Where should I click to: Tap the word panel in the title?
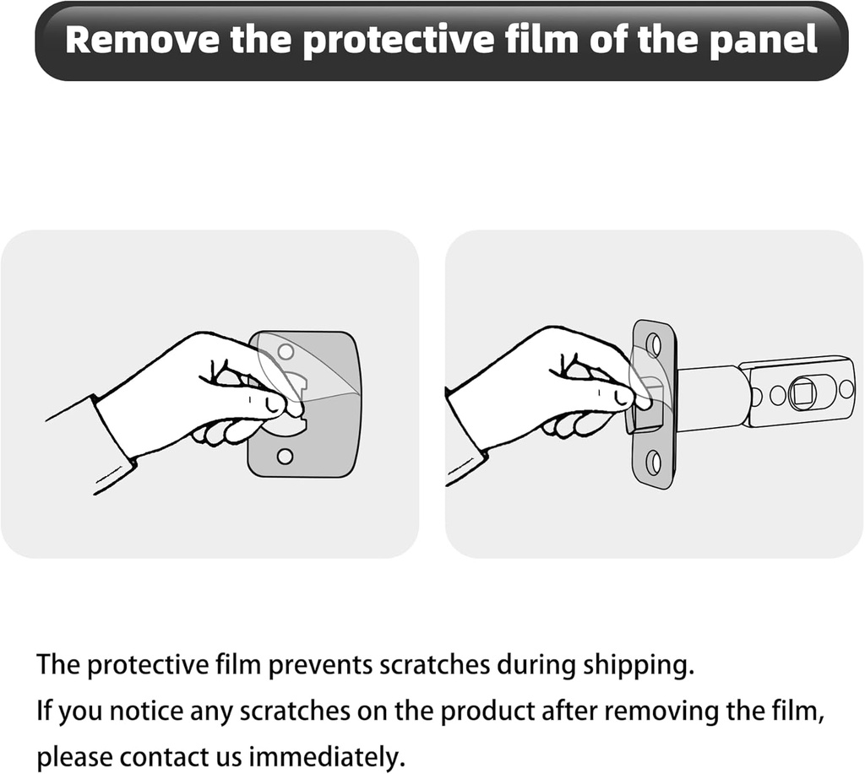click(763, 40)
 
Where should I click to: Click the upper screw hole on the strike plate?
click(285, 350)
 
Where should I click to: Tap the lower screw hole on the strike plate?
click(285, 457)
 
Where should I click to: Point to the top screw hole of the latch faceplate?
click(655, 344)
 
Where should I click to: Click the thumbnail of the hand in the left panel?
click(269, 405)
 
